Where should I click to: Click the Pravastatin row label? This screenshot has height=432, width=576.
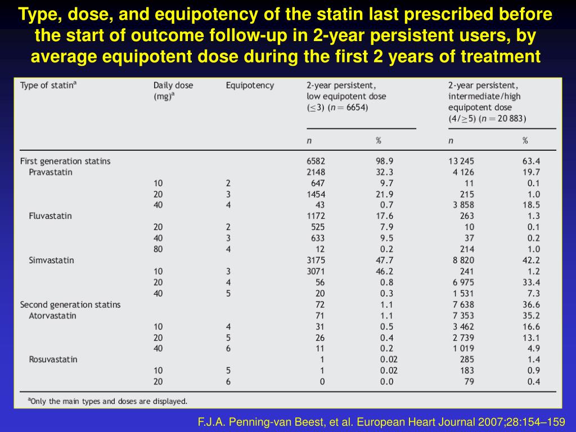click(x=51, y=172)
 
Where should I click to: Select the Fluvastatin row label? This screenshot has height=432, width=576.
click(x=50, y=216)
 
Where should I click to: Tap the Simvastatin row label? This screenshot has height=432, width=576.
click(x=51, y=260)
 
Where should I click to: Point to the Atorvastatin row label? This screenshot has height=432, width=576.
click(x=52, y=316)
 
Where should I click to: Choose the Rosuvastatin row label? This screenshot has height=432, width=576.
click(x=53, y=359)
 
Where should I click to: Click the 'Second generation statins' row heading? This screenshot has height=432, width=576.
click(x=70, y=304)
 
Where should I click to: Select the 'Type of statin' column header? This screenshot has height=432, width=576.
click(x=47, y=85)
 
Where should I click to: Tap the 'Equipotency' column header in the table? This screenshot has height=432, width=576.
click(x=250, y=85)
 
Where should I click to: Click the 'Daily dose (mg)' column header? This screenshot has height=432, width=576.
click(x=173, y=91)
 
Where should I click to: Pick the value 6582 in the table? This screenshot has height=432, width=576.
click(x=316, y=161)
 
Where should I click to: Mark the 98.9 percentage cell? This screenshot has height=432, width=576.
click(x=384, y=161)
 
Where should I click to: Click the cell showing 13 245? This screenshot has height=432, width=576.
click(x=461, y=161)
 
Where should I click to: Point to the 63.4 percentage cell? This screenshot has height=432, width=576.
click(x=531, y=161)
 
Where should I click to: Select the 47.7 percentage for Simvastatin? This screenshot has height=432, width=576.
click(x=384, y=260)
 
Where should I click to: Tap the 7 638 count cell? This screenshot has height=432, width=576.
click(x=461, y=304)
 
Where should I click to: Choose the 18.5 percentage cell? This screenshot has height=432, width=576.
click(x=531, y=205)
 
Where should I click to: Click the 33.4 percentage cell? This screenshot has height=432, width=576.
click(x=531, y=282)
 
